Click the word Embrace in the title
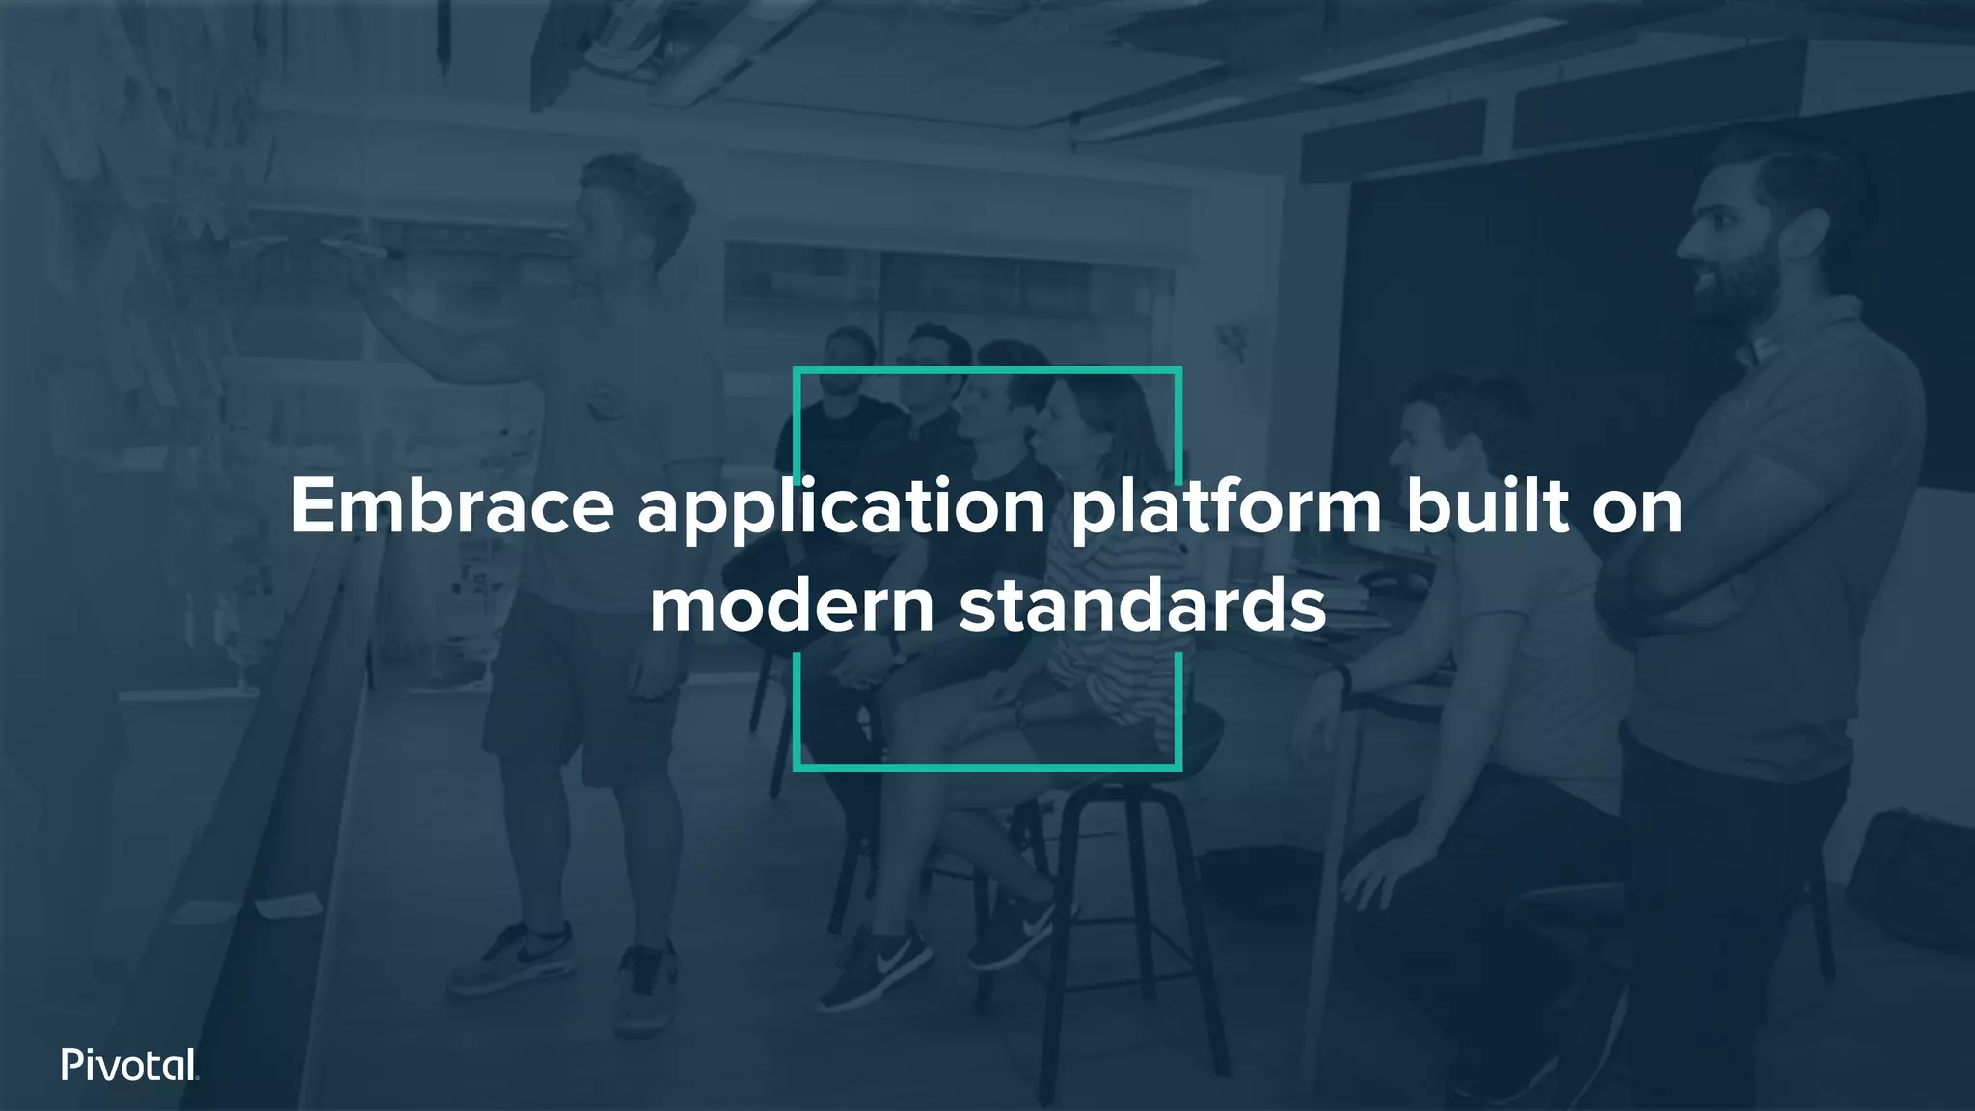451,507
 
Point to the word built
1485,507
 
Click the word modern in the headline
791,608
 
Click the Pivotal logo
129,1065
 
